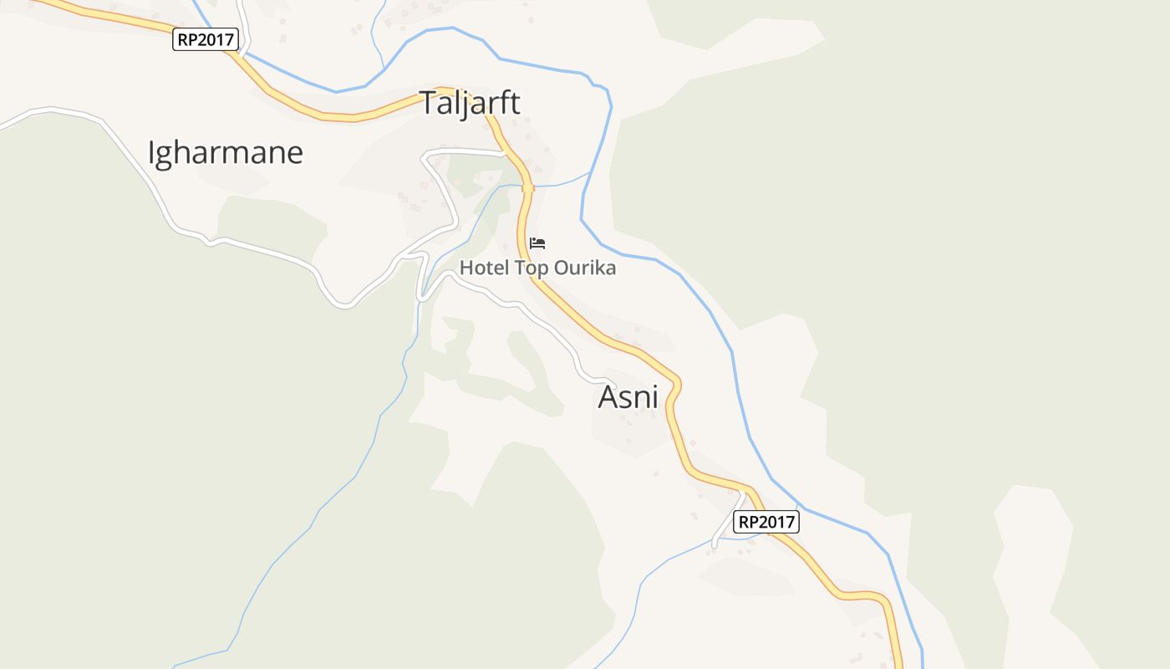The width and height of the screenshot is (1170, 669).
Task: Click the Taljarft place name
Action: coord(469,103)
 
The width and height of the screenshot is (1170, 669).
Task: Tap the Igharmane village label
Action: coord(225,153)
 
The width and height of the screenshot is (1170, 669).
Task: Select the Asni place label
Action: coord(628,397)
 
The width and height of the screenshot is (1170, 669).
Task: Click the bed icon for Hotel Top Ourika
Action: coord(537,243)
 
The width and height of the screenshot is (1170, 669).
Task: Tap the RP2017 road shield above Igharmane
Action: coord(206,39)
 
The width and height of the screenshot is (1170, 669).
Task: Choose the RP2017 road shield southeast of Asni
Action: coord(766,523)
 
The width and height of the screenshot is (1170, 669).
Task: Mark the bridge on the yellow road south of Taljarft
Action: coord(527,188)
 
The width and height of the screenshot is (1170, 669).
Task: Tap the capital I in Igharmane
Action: coord(151,153)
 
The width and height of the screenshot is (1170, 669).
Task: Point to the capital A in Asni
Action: coord(608,397)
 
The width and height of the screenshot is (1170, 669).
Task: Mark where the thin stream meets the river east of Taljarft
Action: coord(590,173)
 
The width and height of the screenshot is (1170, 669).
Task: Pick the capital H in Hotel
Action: coord(465,268)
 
